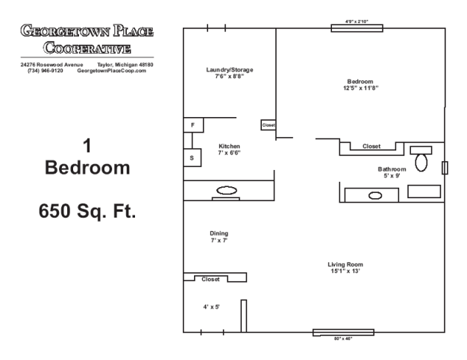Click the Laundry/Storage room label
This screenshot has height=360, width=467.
[x=230, y=70]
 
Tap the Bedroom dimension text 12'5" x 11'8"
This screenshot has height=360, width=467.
[x=360, y=88]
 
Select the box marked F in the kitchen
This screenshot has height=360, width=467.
[x=193, y=125]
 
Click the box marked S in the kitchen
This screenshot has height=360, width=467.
[x=192, y=158]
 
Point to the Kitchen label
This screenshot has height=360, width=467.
[x=229, y=146]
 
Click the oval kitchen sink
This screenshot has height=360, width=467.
[x=227, y=190]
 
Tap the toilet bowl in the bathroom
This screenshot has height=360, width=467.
[x=421, y=162]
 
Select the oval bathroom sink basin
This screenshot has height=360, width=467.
[x=375, y=195]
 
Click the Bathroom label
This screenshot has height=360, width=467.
[x=392, y=169]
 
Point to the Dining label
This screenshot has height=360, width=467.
[x=219, y=233]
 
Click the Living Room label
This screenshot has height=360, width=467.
[x=345, y=265]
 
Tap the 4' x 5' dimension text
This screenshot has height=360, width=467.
[x=211, y=307]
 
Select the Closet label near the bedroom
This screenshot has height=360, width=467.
[x=372, y=146]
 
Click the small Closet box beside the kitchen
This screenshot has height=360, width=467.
[x=269, y=125]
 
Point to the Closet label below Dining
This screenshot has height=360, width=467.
[x=210, y=280]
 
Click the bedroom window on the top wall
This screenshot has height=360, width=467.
[x=357, y=28]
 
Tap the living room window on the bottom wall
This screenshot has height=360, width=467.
[x=343, y=332]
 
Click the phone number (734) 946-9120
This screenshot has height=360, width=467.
[x=46, y=71]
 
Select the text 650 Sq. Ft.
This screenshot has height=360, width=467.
[x=87, y=211]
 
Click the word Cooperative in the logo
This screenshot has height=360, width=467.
[x=87, y=48]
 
